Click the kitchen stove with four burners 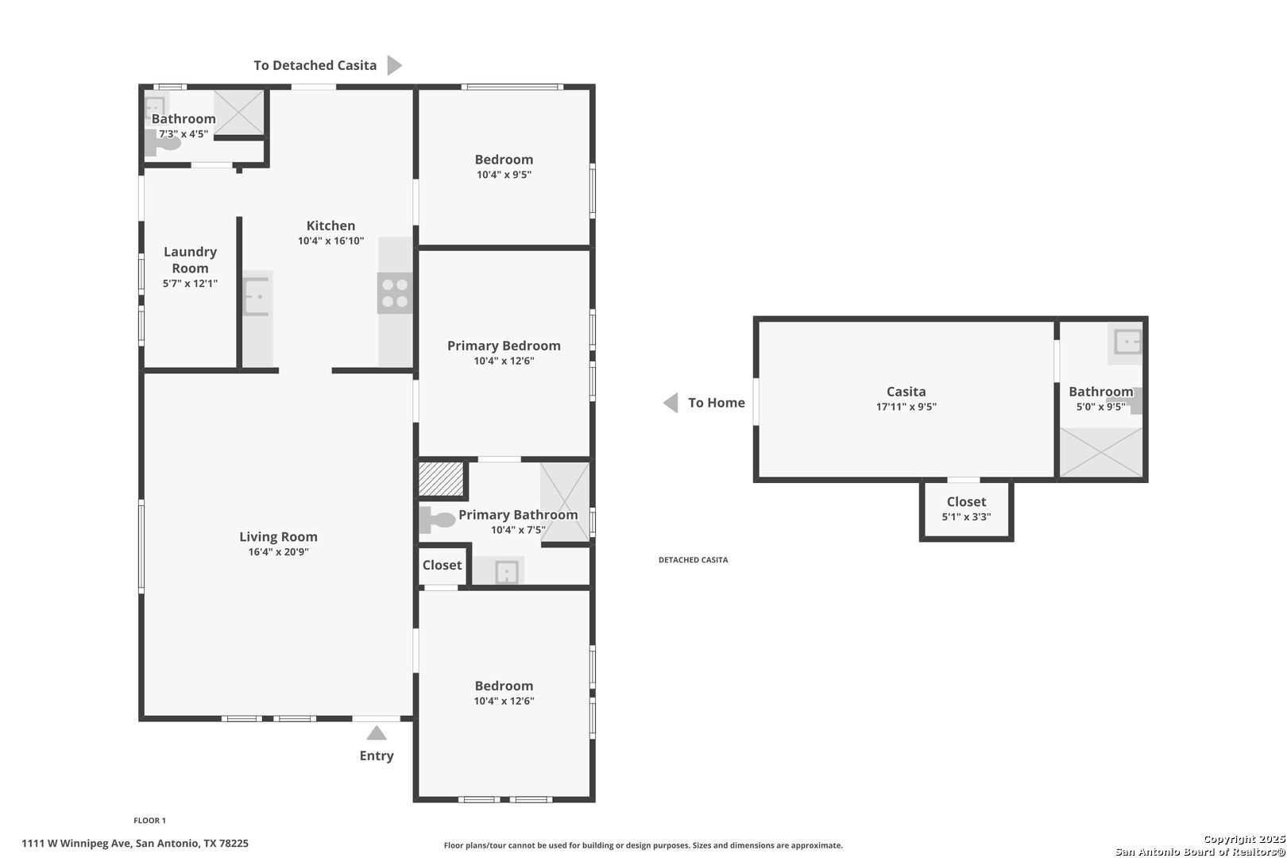395,293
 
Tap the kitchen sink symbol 257,296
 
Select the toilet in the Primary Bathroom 437,520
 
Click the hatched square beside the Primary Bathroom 441,479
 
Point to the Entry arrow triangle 377,732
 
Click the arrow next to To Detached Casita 394,65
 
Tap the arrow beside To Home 671,403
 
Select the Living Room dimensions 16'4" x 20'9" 279,551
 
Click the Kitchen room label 331,226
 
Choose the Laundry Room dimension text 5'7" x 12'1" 190,284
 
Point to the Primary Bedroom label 504,346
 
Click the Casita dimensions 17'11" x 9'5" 906,406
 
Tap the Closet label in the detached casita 966,502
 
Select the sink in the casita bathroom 1127,342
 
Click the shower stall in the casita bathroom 1101,452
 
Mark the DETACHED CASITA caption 693,560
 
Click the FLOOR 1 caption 149,821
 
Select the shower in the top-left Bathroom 239,113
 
